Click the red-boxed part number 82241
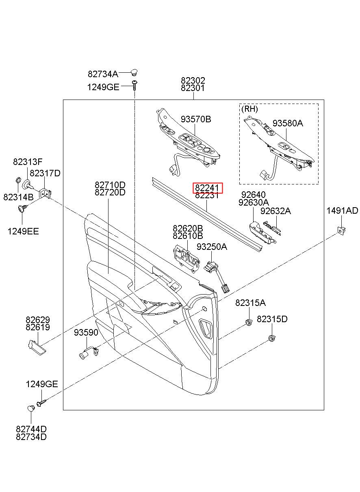(207, 188)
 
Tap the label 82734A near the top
(103, 74)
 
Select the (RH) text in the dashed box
(249, 109)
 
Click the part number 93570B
(196, 119)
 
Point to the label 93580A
(288, 124)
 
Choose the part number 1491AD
(342, 210)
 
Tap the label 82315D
(272, 319)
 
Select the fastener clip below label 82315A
(249, 323)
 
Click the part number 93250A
(212, 247)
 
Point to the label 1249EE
(23, 231)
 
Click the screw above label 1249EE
(22, 208)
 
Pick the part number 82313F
(28, 162)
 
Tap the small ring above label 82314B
(18, 180)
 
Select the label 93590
(86, 333)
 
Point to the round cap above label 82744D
(31, 408)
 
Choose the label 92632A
(275, 211)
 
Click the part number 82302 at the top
(193, 80)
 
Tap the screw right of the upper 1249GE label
(134, 85)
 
